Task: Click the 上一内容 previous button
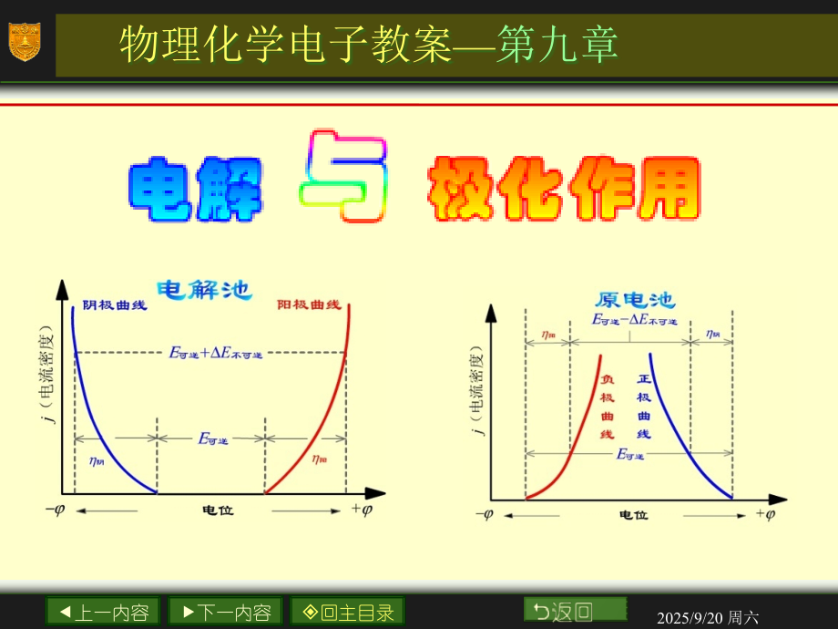pyautogui.click(x=103, y=612)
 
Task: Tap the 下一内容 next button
pyautogui.click(x=226, y=612)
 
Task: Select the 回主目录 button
pyautogui.click(x=347, y=612)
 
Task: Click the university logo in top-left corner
pyautogui.click(x=25, y=42)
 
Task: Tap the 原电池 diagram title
pyautogui.click(x=635, y=300)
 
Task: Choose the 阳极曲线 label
pyautogui.click(x=309, y=304)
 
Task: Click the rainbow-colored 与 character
pyautogui.click(x=344, y=178)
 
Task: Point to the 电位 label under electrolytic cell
pyautogui.click(x=218, y=510)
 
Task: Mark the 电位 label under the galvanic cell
pyautogui.click(x=633, y=515)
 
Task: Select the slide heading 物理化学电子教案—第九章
pyautogui.click(x=369, y=44)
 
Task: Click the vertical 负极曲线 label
pyautogui.click(x=607, y=407)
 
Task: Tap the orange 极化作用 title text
pyautogui.click(x=565, y=190)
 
